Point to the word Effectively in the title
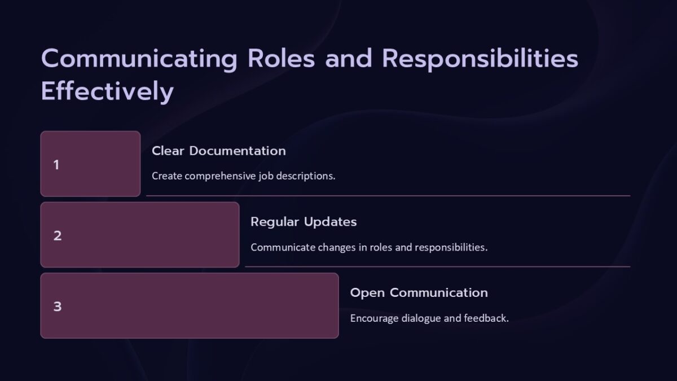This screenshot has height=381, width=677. tap(107, 91)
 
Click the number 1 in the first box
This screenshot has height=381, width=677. tap(56, 165)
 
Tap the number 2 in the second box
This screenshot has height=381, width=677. tap(58, 236)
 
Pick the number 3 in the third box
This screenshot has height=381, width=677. tap(58, 307)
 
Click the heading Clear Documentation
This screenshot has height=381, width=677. tap(219, 151)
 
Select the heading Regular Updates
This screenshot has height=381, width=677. tap(304, 222)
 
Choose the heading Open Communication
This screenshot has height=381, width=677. tap(419, 293)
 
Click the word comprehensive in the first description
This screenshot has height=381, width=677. tap(221, 176)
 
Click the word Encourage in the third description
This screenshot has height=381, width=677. tap(374, 318)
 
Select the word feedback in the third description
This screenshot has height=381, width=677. tap(486, 318)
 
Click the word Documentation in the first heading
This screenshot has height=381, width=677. tap(238, 151)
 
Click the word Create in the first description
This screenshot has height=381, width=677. tap(167, 176)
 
